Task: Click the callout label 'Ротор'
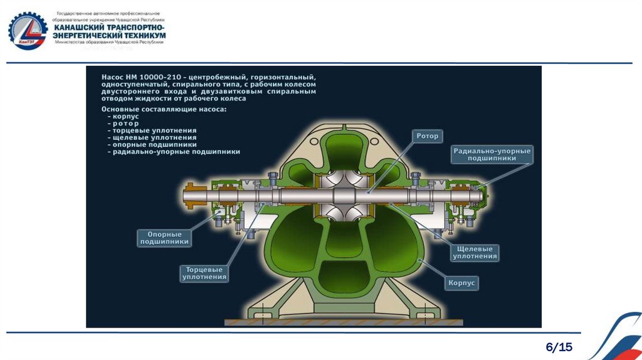[428, 136]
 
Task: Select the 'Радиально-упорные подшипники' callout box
[492, 155]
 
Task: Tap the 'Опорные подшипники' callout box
[164, 238]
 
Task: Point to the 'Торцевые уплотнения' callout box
[204, 272]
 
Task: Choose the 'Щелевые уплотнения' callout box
[475, 252]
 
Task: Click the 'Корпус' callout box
[462, 283]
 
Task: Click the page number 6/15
[559, 347]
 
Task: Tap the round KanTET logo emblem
[27, 31]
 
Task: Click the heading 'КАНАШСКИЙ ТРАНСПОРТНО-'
[110, 28]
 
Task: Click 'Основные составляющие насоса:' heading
[164, 109]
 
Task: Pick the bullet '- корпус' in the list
[126, 116]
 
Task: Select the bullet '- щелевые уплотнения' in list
[152, 137]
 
